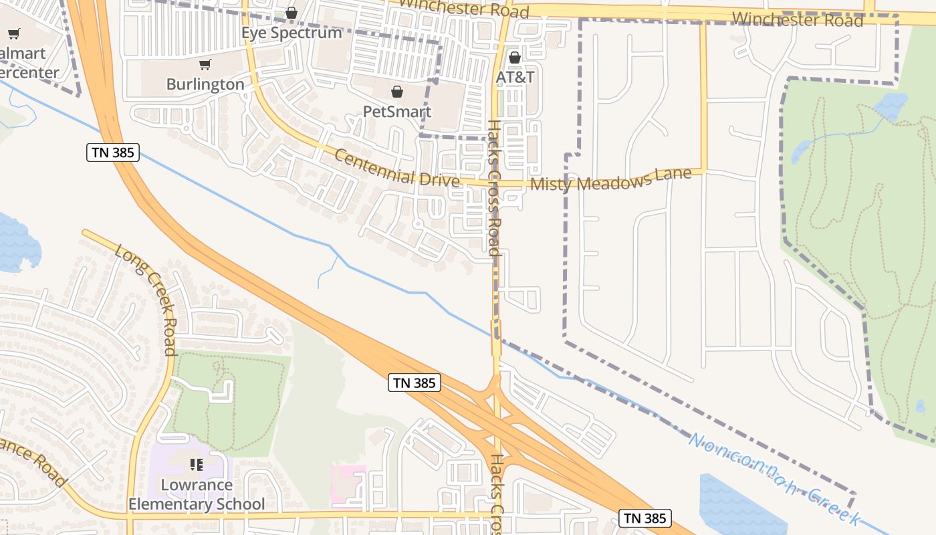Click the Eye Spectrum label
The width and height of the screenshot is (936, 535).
291,32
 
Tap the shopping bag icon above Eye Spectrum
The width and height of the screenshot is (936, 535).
291,13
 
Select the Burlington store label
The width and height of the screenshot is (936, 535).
205,84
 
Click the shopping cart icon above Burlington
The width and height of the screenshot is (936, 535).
205,64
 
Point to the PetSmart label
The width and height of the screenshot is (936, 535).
397,111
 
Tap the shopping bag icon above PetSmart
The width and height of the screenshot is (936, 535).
397,91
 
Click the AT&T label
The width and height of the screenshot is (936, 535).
515,77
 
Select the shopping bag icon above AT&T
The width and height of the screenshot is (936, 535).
515,58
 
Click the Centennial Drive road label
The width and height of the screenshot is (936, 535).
396,168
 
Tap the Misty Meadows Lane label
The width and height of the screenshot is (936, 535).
610,179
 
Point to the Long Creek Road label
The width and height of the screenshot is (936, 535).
146,299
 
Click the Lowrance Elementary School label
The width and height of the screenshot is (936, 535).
197,494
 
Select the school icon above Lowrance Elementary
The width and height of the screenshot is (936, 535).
197,463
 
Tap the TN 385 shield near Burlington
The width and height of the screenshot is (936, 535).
113,152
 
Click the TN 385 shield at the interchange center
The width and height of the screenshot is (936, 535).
415,383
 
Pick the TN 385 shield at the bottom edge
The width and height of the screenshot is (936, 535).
645,518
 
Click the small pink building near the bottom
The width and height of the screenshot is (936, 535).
348,485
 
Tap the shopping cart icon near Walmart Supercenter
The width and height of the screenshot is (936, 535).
13,33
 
